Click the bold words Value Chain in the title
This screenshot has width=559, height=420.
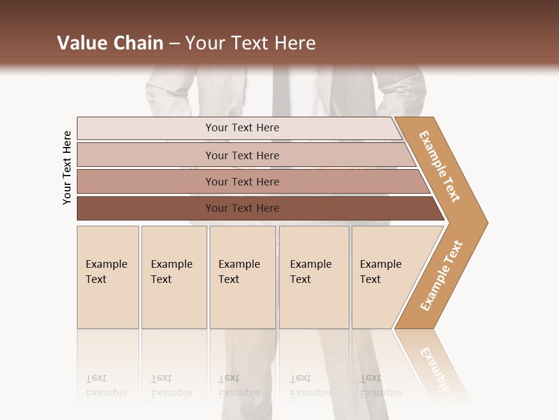pos(110,43)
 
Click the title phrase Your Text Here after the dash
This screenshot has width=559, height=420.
pos(250,43)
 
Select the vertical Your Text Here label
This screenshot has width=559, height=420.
pos(68,167)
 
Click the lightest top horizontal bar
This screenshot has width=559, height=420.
pos(239,128)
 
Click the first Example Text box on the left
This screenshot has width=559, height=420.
pos(108,277)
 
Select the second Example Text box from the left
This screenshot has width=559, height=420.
pos(174,277)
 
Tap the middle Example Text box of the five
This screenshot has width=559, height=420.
pos(242,277)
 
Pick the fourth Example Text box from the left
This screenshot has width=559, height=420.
pos(313,277)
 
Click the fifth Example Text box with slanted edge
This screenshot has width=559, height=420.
pos(384,277)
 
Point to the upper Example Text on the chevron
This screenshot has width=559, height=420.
pos(440,166)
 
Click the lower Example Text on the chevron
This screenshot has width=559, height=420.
pos(441,275)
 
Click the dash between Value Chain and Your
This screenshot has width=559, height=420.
pos(174,44)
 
